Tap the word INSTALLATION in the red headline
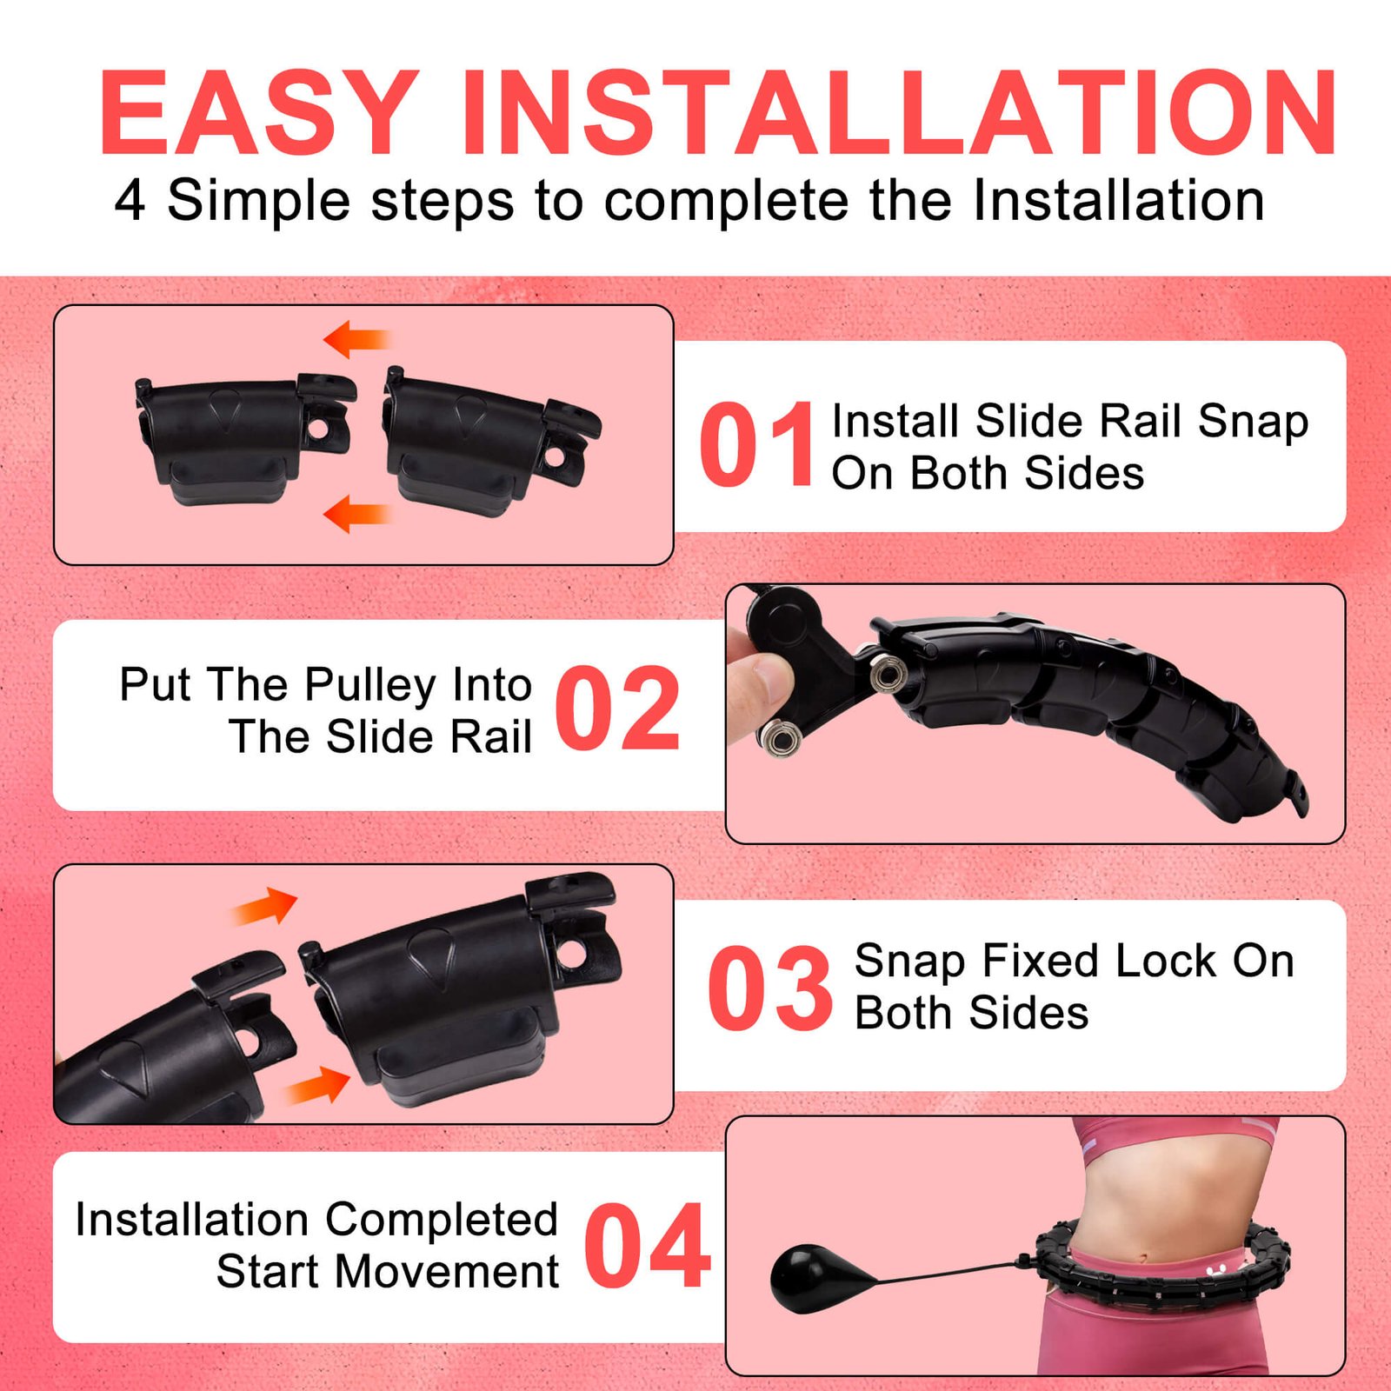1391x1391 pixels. point(900,113)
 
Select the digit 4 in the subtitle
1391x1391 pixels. point(130,200)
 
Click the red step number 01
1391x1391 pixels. point(756,445)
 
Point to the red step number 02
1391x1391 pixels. point(617,708)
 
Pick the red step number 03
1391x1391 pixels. point(770,988)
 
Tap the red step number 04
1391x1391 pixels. point(648,1246)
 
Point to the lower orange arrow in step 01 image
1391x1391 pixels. point(356,514)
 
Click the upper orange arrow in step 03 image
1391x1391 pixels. point(266,907)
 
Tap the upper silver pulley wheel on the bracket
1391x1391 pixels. point(887,674)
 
